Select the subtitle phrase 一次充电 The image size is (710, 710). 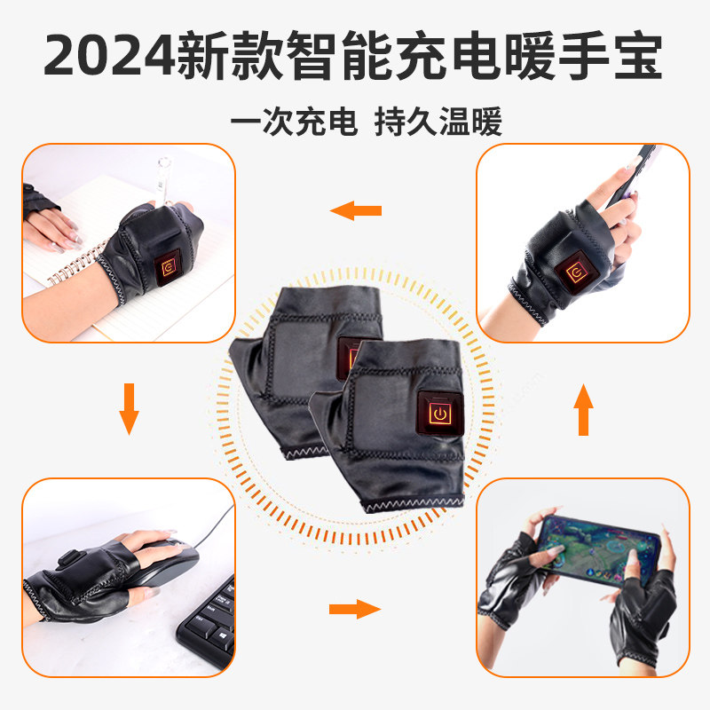(293, 122)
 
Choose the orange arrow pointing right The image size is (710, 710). (354, 608)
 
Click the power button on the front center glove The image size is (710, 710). (438, 413)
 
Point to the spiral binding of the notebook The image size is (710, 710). (67, 266)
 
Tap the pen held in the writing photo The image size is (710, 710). (164, 182)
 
